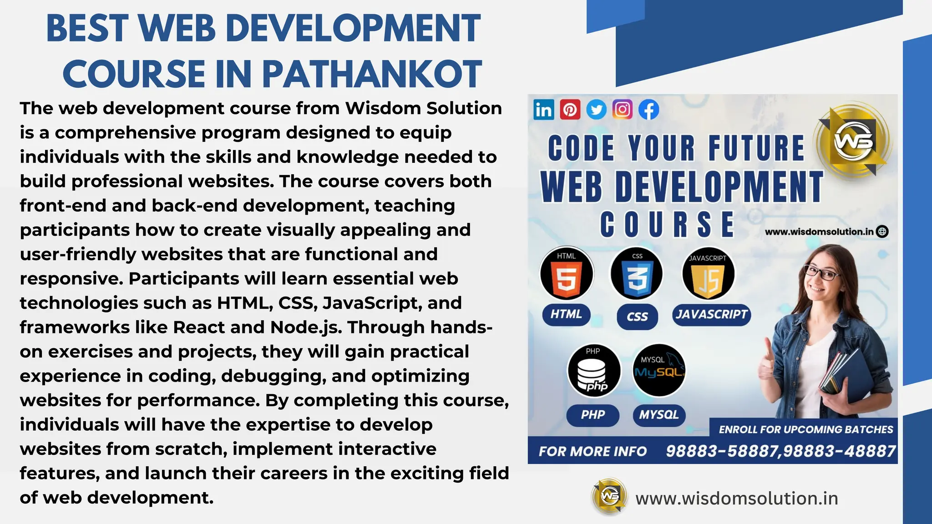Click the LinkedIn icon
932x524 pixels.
[x=543, y=110]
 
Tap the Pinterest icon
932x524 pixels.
[x=570, y=110]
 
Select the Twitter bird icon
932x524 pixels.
[x=596, y=110]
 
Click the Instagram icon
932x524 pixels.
[x=622, y=110]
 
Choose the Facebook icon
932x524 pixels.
[x=648, y=110]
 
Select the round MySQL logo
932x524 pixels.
[x=659, y=370]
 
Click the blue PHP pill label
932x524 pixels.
[x=593, y=415]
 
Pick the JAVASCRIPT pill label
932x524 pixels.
[x=711, y=314]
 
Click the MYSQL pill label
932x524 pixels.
[x=658, y=415]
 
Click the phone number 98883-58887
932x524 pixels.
[x=722, y=451]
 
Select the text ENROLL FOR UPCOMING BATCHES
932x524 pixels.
[x=805, y=429]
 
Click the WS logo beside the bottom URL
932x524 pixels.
[x=609, y=497]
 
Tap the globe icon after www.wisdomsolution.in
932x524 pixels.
[x=882, y=232]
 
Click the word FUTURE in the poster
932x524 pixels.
[x=756, y=148]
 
